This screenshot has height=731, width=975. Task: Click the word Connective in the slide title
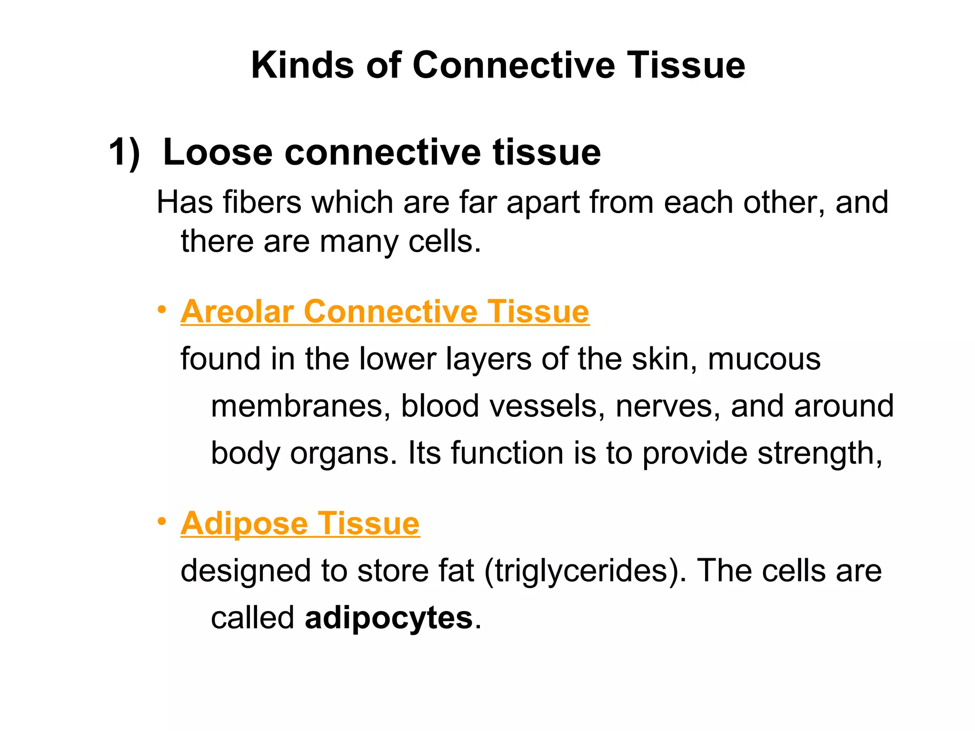[x=513, y=65]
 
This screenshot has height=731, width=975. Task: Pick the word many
[x=358, y=242]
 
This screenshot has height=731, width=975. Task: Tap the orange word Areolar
[x=237, y=312]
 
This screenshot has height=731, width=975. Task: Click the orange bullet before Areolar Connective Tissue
[x=162, y=310]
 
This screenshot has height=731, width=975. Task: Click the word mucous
[x=764, y=359]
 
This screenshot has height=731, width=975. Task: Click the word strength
[x=819, y=454]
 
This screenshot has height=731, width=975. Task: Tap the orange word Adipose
[x=244, y=524]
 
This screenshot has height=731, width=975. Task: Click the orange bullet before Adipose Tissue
[x=162, y=522]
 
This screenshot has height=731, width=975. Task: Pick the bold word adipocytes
[x=388, y=619]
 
